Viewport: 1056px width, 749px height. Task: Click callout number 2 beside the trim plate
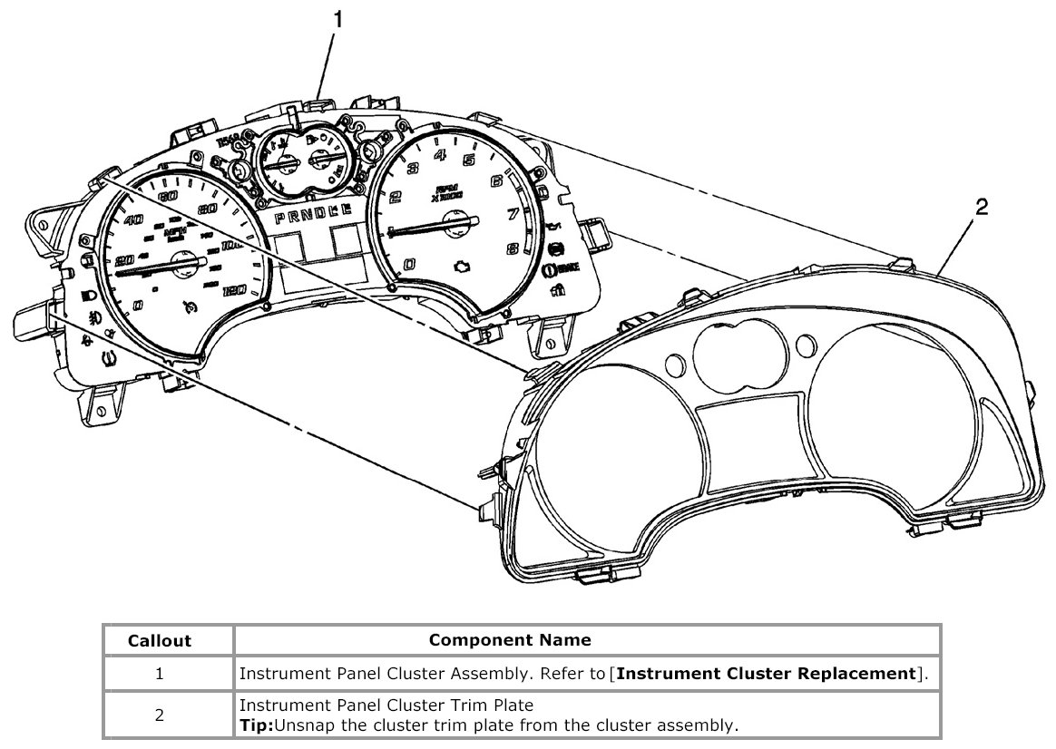[981, 208]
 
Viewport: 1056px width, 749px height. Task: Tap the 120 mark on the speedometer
[234, 290]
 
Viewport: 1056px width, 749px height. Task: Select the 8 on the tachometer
[513, 248]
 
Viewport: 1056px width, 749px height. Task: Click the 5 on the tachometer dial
[469, 160]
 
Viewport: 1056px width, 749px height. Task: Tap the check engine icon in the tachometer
[461, 265]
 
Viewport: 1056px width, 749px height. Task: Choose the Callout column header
[160, 640]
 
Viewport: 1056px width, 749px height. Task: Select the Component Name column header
[509, 640]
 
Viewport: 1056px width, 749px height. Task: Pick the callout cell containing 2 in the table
[160, 715]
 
